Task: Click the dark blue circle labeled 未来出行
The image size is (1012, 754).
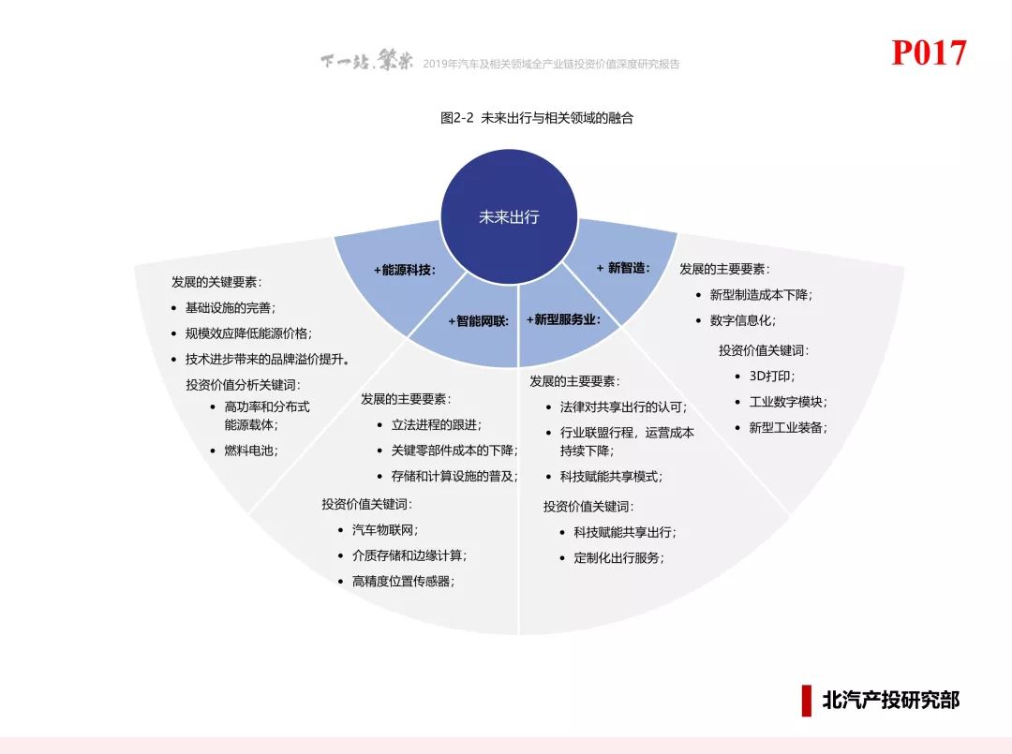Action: (509, 216)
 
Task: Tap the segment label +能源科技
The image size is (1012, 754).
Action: (405, 270)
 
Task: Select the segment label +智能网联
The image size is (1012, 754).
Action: (478, 320)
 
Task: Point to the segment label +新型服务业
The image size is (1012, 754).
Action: (563, 319)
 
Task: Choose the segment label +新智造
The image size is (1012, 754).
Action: (623, 268)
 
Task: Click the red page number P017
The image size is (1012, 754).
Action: (928, 52)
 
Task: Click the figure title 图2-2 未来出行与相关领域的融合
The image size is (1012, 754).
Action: (537, 118)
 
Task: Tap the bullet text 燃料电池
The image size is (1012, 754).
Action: (251, 451)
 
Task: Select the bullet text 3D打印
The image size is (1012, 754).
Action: (772, 376)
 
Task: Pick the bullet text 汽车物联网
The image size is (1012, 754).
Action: (385, 529)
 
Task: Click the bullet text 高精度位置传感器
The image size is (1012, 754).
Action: (403, 581)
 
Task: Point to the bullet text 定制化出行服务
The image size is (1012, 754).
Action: (619, 558)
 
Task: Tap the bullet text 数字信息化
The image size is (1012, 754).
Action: (743, 320)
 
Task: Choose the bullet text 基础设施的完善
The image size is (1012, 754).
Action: (231, 307)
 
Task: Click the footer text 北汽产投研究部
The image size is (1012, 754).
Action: (891, 700)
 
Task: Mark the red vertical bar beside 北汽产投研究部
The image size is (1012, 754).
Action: (807, 701)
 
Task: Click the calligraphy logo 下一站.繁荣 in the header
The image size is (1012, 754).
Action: (366, 60)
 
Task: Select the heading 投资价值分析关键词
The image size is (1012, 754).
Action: (244, 385)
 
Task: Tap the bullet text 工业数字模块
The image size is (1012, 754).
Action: (788, 402)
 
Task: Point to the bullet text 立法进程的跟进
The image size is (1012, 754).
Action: (437, 424)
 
